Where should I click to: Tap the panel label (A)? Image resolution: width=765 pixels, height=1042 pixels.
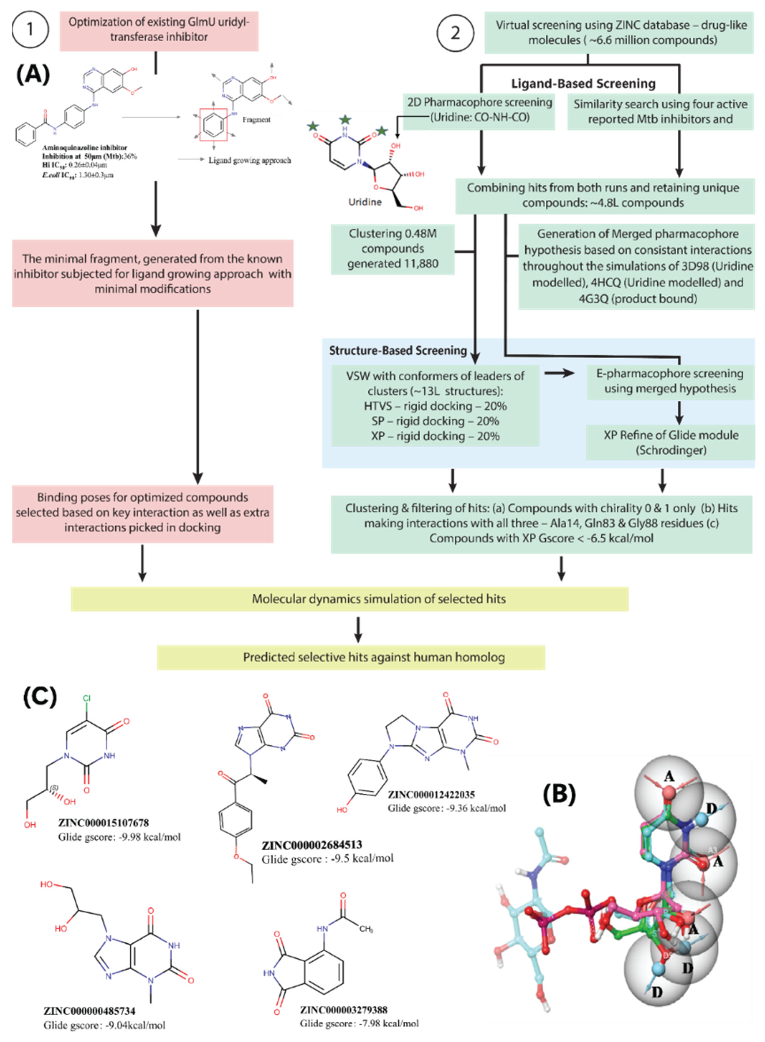point(33,74)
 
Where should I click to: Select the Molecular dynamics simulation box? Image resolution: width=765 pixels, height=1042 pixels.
point(350,598)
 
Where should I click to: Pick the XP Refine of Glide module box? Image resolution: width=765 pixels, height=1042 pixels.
point(670,442)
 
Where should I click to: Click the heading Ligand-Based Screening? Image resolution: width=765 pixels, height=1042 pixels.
point(583,83)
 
